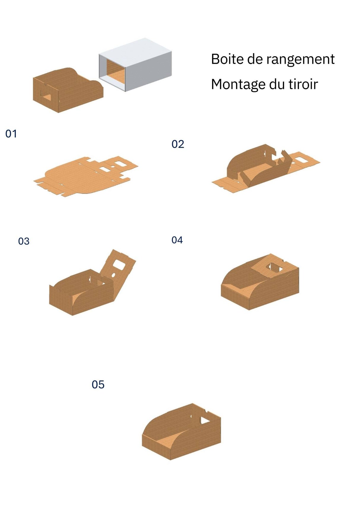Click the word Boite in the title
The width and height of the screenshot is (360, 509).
coord(227,59)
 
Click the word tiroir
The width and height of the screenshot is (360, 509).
coord(303,84)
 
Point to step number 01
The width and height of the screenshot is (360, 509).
coord(11,134)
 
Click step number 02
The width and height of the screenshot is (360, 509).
coord(178,144)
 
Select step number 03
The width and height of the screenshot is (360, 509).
coord(24,241)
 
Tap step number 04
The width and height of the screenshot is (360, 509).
coord(177,240)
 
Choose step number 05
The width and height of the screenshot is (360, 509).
coord(98,385)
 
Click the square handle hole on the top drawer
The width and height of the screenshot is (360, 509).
coord(46,97)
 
